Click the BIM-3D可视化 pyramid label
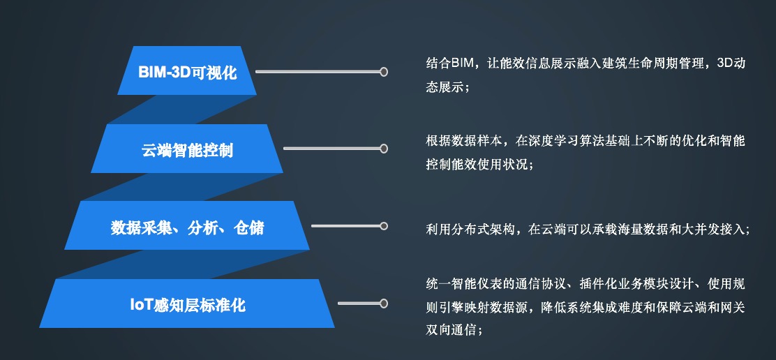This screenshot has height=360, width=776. [x=188, y=72]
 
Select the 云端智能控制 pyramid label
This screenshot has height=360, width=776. [x=187, y=150]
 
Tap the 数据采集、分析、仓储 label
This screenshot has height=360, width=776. [x=187, y=227]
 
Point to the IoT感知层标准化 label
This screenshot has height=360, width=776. [x=188, y=305]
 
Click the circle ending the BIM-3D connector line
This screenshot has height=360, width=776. [x=383, y=72]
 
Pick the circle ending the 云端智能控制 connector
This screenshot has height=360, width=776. [x=383, y=149]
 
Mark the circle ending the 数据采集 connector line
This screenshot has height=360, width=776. [x=383, y=226]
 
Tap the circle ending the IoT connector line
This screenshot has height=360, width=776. [x=383, y=303]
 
